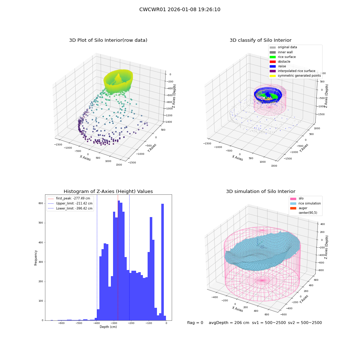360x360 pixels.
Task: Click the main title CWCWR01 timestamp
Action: point(180,9)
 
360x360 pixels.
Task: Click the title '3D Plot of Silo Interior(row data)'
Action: point(108,40)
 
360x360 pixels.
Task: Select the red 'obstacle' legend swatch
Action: point(273,62)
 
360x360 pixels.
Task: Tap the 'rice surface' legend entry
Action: point(283,57)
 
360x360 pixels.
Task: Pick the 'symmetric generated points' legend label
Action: point(299,76)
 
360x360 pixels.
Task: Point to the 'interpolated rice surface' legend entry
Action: point(292,71)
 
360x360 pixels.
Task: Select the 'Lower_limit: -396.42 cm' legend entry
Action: point(70,208)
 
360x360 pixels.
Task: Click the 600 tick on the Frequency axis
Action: point(41,203)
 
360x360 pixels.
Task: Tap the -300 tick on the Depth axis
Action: point(114,323)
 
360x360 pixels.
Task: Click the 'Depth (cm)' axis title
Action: point(108,327)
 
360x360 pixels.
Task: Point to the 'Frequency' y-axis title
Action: point(36,258)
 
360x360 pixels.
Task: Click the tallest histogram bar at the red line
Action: point(119,260)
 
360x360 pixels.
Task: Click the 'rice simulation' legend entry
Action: point(305,203)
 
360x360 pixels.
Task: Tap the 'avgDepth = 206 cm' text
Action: point(229,323)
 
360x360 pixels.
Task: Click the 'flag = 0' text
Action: point(195,323)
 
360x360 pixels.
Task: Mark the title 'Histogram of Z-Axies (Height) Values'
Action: point(108,192)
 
